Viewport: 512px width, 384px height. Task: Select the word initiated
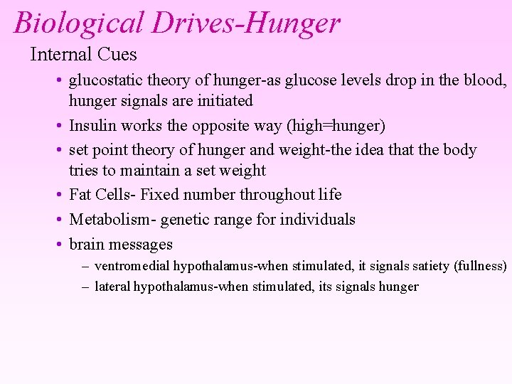tap(221, 101)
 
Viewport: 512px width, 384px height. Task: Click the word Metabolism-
tap(112, 219)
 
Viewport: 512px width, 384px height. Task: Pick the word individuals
tap(317, 219)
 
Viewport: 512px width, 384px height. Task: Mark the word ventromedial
tap(134, 267)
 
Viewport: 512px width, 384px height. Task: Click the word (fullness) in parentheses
tap(481, 267)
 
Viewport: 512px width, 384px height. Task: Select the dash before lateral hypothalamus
tap(85, 287)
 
